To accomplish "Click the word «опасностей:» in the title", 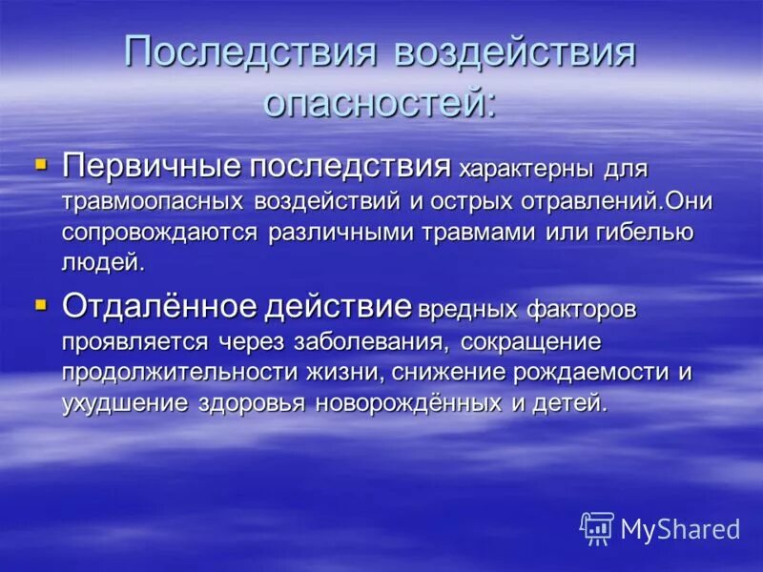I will click(380, 100).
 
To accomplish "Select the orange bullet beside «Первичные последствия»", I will click(40, 166).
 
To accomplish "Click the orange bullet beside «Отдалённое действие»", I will click(40, 305).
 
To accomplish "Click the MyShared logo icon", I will click(597, 528).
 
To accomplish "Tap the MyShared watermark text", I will click(680, 530).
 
